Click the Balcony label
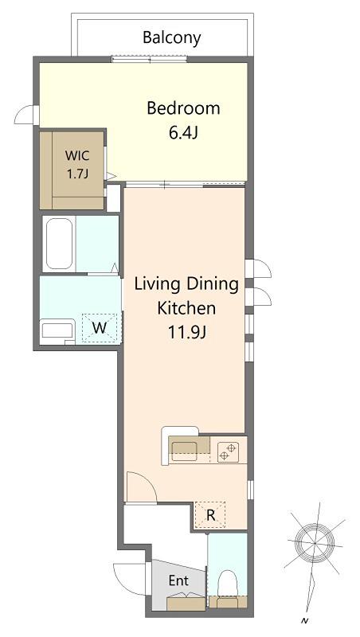(x=172, y=37)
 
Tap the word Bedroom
(x=183, y=108)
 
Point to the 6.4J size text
(x=183, y=133)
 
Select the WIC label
(x=77, y=155)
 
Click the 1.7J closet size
(x=77, y=174)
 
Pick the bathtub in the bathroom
(x=59, y=244)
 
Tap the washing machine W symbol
(x=100, y=328)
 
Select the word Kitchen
(x=186, y=308)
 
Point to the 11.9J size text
(x=187, y=333)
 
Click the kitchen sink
(x=184, y=451)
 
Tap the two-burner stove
(x=228, y=452)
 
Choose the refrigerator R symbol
(x=210, y=515)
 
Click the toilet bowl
(x=228, y=583)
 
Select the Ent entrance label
(x=178, y=580)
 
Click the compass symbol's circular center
(x=315, y=543)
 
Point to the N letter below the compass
(x=303, y=621)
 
